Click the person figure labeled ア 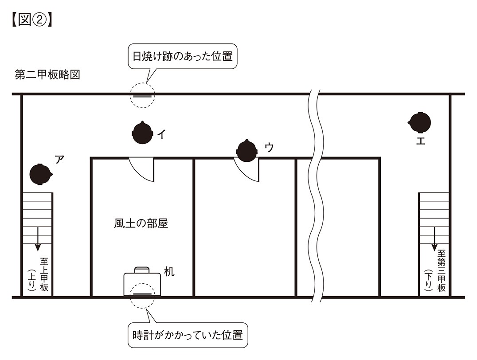pyautogui.click(x=40, y=174)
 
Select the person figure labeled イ pyautogui.click(x=143, y=133)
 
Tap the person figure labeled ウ pyautogui.click(x=247, y=150)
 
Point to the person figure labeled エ pyautogui.click(x=419, y=121)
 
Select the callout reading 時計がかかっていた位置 pyautogui.click(x=187, y=334)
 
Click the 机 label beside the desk pyautogui.click(x=169, y=271)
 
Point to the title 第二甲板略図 pyautogui.click(x=47, y=74)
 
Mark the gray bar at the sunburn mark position pyautogui.click(x=142, y=95)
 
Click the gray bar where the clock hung pyautogui.click(x=142, y=294)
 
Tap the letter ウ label pyautogui.click(x=268, y=148)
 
